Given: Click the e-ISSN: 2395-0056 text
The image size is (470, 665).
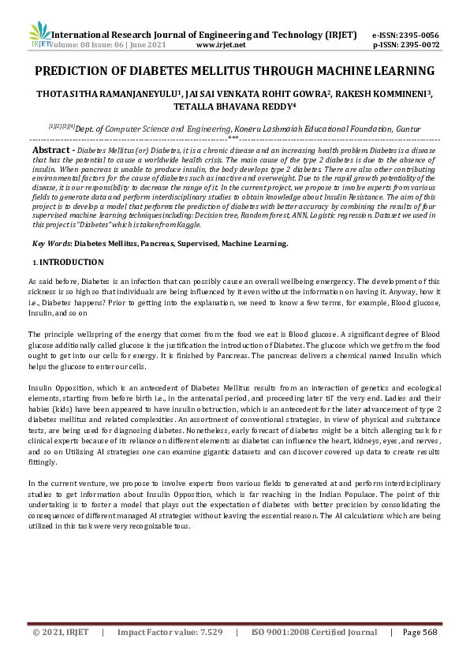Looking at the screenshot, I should point(405,35).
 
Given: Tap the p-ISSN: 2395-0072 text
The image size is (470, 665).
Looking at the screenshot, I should point(405,46).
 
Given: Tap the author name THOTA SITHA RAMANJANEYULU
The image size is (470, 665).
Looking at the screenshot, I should point(107,94).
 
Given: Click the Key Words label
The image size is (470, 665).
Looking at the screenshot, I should point(51,244).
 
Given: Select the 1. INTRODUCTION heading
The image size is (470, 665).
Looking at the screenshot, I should point(67,262).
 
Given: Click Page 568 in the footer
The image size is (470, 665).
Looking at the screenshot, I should point(420,632).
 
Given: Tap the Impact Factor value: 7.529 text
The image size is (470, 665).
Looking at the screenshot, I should point(170,632).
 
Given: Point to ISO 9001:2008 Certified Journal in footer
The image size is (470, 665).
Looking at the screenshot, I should point(314,632).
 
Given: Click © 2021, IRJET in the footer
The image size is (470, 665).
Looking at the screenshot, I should point(61,632).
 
